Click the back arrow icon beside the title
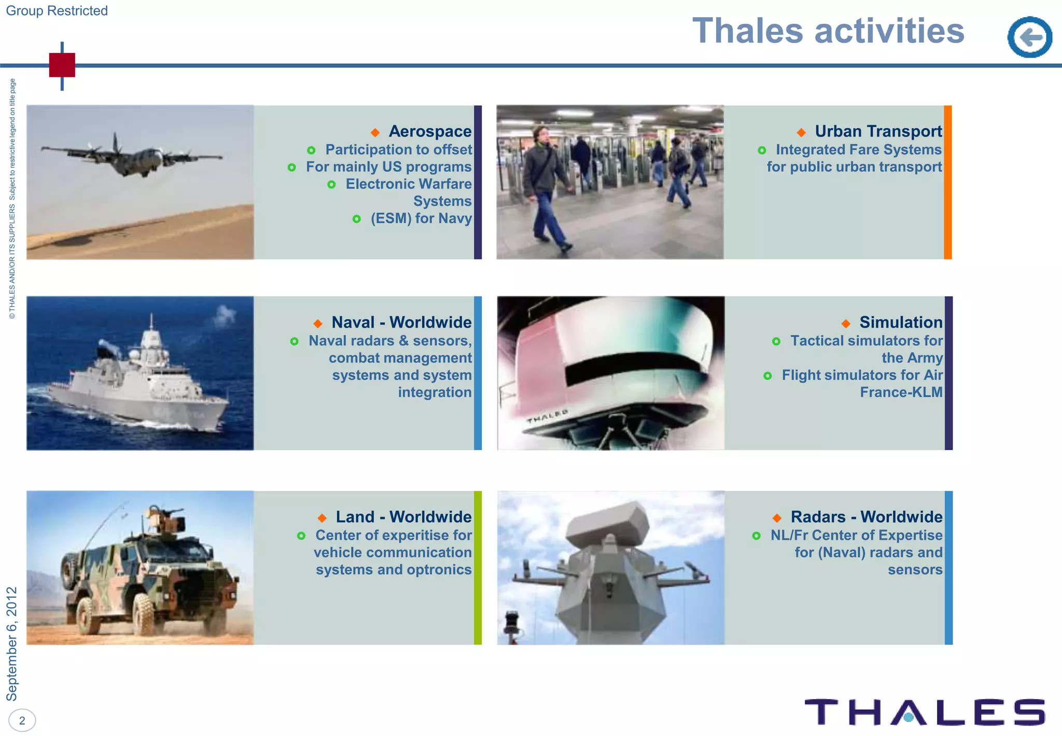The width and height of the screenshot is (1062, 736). tap(1029, 37)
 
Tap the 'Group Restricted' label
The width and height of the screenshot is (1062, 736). tap(57, 10)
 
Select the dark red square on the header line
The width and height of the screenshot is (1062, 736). tap(62, 65)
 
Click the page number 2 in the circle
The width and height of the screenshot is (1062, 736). tap(22, 720)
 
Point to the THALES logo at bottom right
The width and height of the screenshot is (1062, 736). tap(925, 712)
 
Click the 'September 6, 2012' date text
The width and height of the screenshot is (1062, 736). tap(12, 644)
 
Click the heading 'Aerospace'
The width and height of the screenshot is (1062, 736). tap(430, 131)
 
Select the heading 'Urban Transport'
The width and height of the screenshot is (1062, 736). tap(878, 131)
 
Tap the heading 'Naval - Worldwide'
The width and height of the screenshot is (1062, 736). tap(401, 322)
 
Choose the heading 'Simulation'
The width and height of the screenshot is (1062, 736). tap(901, 322)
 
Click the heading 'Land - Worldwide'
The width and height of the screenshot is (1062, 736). tap(403, 517)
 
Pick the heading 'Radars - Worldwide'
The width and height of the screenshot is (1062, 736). tap(866, 517)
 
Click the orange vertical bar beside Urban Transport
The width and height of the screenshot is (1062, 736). tap(947, 182)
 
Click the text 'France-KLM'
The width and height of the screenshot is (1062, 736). tap(901, 392)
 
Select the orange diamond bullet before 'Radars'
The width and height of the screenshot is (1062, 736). tap(777, 517)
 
